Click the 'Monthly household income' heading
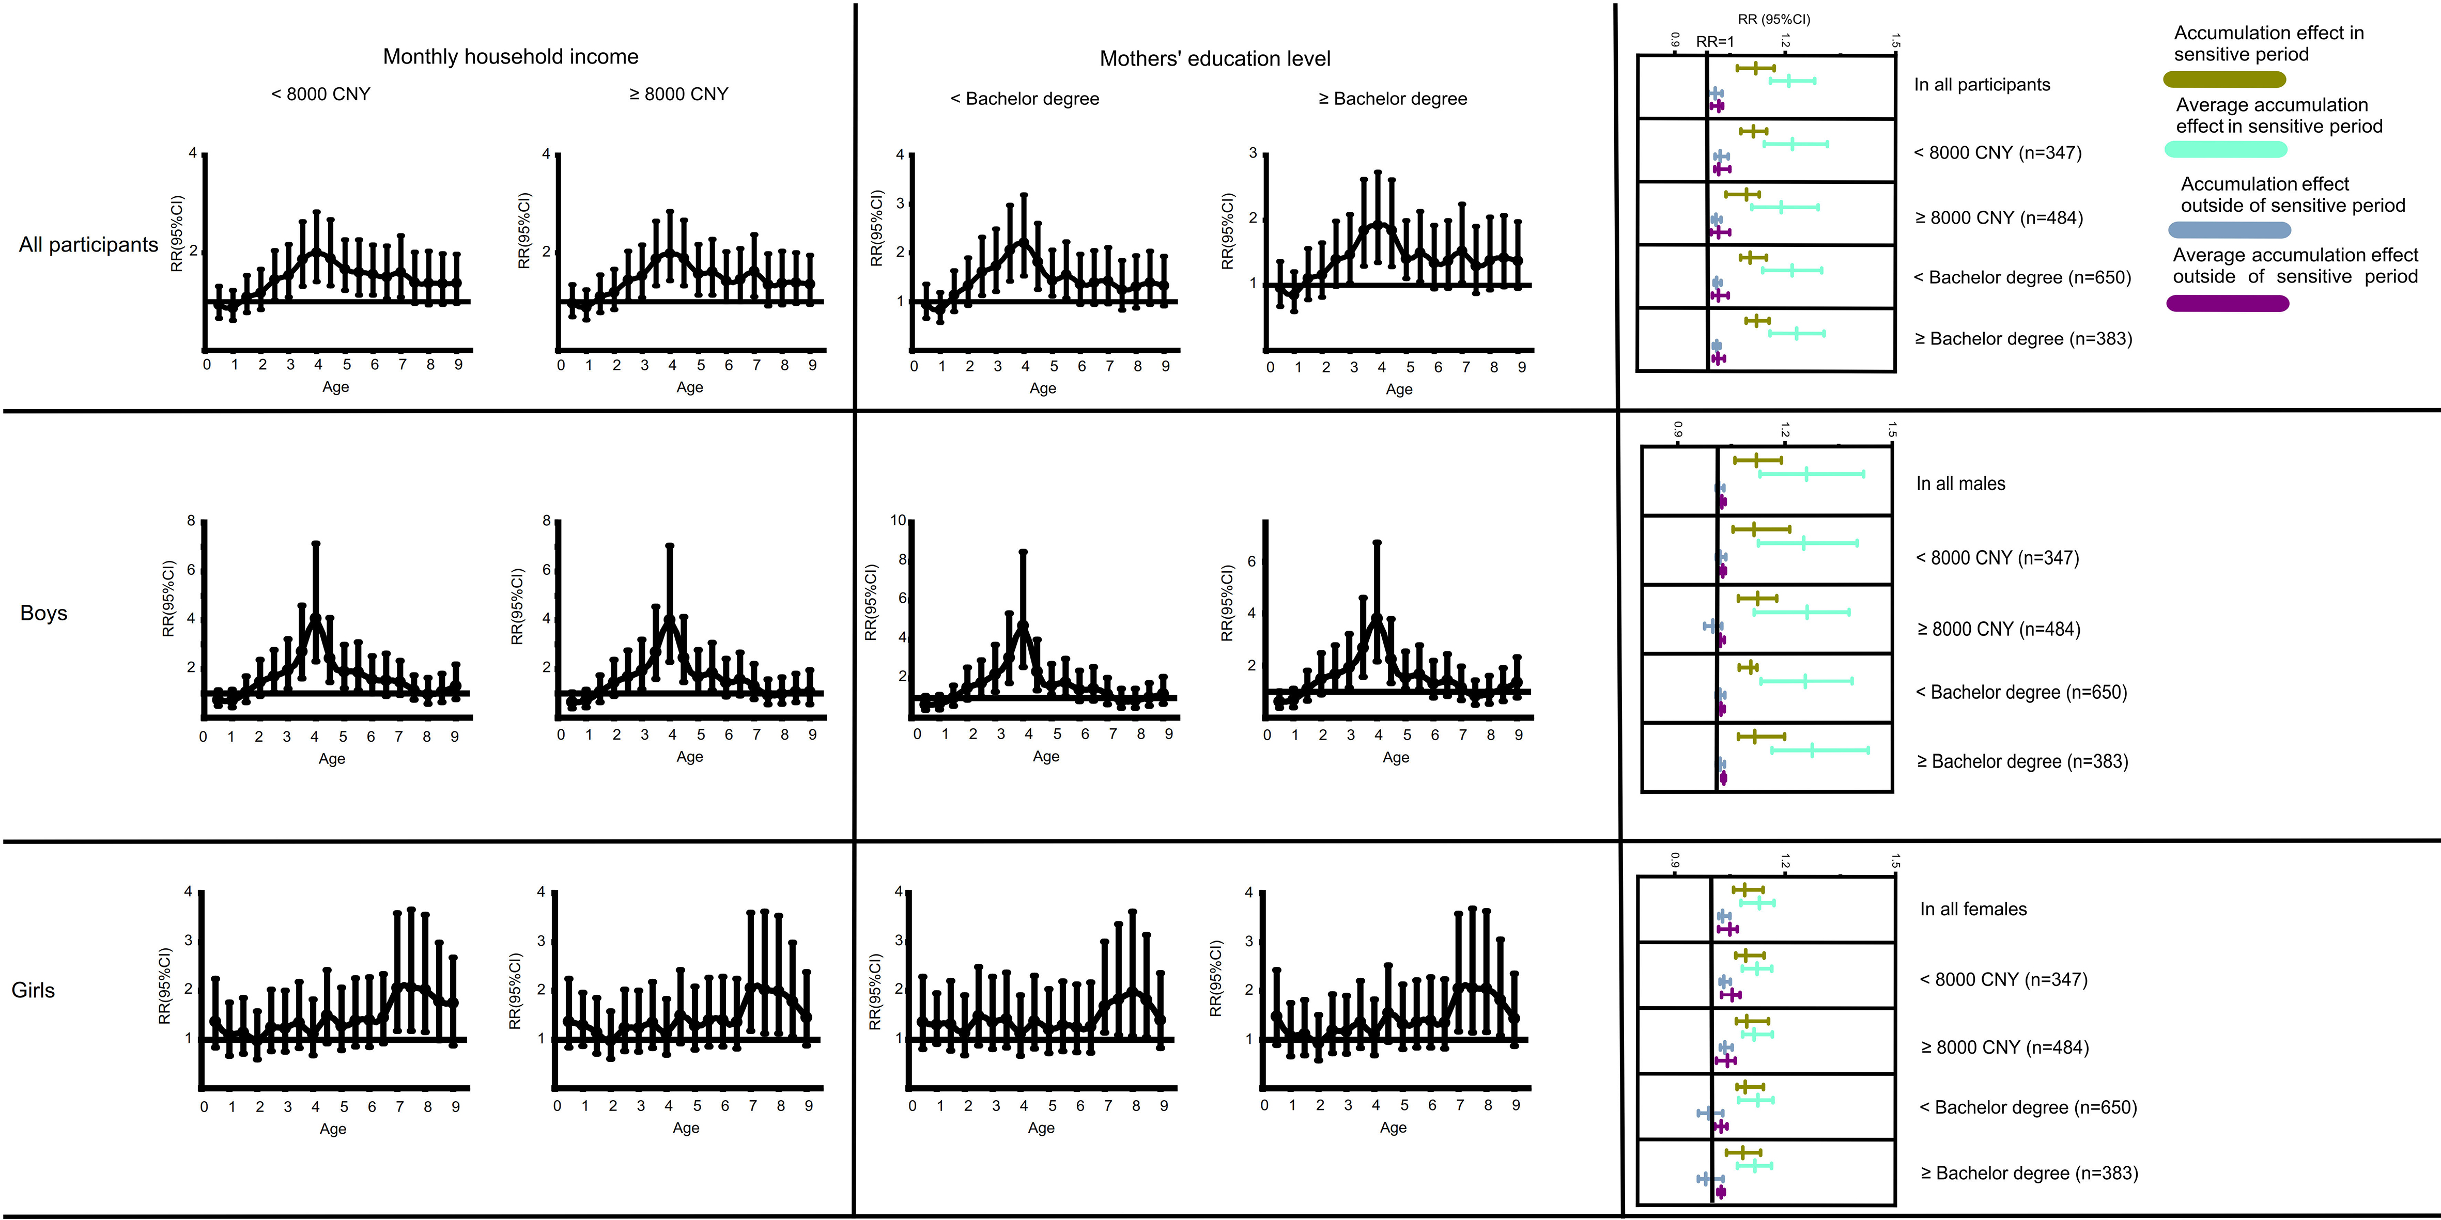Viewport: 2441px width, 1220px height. (510, 57)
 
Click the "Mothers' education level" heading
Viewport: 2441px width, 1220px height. (1215, 59)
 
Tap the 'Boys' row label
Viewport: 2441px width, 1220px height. (43, 613)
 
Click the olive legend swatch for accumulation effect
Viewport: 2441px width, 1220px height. (2224, 79)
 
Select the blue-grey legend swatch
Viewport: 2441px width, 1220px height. (2229, 230)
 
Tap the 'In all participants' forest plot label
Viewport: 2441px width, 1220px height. (1982, 84)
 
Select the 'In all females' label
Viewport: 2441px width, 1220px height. (1973, 909)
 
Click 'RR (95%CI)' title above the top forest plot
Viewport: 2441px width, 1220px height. (1774, 19)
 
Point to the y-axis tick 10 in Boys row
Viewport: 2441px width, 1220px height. (898, 520)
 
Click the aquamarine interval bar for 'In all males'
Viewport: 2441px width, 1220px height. (1810, 474)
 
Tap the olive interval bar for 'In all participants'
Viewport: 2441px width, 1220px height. (1755, 68)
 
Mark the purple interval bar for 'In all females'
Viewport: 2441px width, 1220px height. (1727, 930)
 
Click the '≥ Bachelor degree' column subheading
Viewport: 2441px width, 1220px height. (1392, 99)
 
